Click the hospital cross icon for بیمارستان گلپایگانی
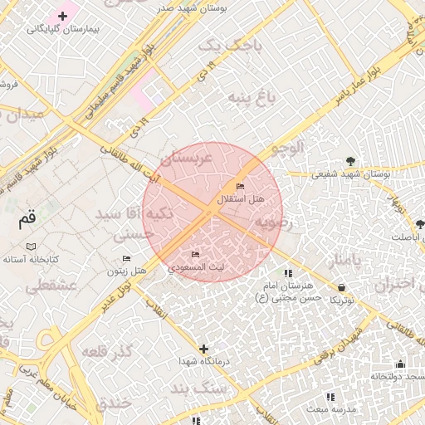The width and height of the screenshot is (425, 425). (62, 16)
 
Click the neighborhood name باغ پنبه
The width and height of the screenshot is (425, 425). (252, 100)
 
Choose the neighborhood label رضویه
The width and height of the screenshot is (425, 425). (271, 222)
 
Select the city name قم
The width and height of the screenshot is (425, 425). (27, 219)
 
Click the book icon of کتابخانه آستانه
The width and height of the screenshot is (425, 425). (32, 247)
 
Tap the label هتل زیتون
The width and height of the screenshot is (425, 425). (127, 271)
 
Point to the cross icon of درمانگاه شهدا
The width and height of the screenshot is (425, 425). (203, 349)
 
